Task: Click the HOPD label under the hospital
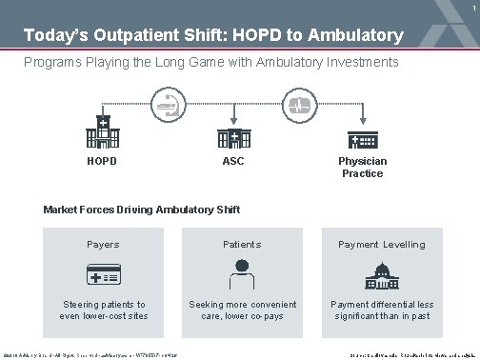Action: (x=103, y=161)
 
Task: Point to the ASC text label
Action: (x=233, y=161)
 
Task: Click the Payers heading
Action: (x=103, y=245)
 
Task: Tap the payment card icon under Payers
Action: (x=103, y=274)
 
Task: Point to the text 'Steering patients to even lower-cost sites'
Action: (x=103, y=310)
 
